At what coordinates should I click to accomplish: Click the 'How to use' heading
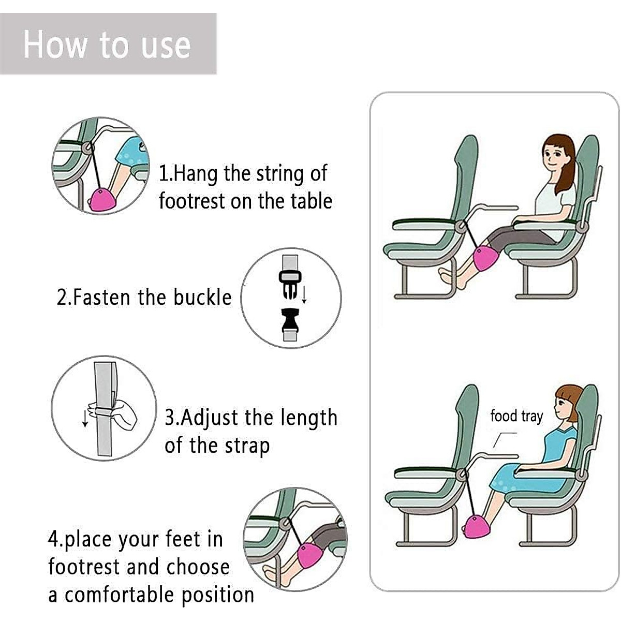pos(107,45)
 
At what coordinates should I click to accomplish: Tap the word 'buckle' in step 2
pos(202,298)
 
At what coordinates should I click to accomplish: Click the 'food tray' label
pos(516,416)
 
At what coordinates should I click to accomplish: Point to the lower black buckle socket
pos(290,321)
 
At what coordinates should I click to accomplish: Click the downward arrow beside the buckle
pos(304,295)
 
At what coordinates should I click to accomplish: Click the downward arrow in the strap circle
pos(85,418)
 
